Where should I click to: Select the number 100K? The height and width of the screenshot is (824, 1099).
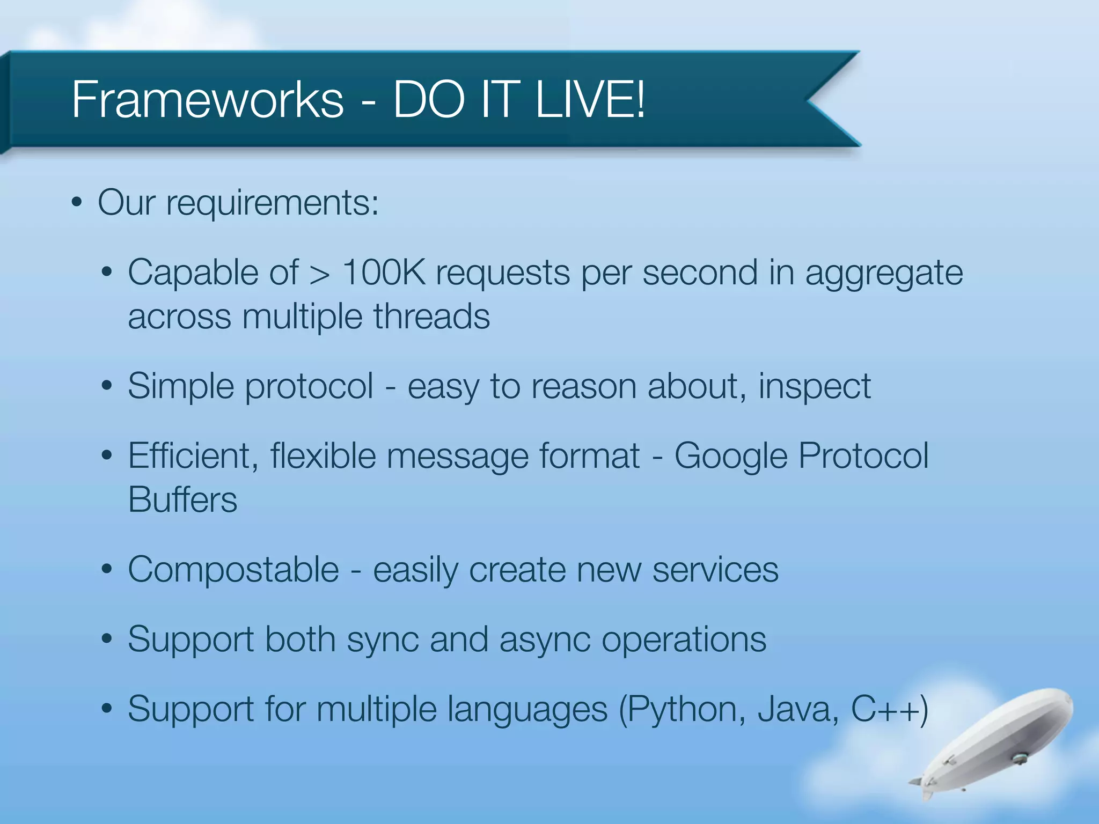(x=383, y=273)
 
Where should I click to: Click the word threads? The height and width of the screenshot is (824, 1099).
(x=431, y=317)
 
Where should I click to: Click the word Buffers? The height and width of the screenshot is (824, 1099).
(x=182, y=500)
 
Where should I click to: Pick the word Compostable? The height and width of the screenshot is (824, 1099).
(x=233, y=570)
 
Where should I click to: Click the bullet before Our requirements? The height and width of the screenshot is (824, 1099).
(x=77, y=203)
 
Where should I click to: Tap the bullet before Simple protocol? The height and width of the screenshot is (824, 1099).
(x=107, y=386)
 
